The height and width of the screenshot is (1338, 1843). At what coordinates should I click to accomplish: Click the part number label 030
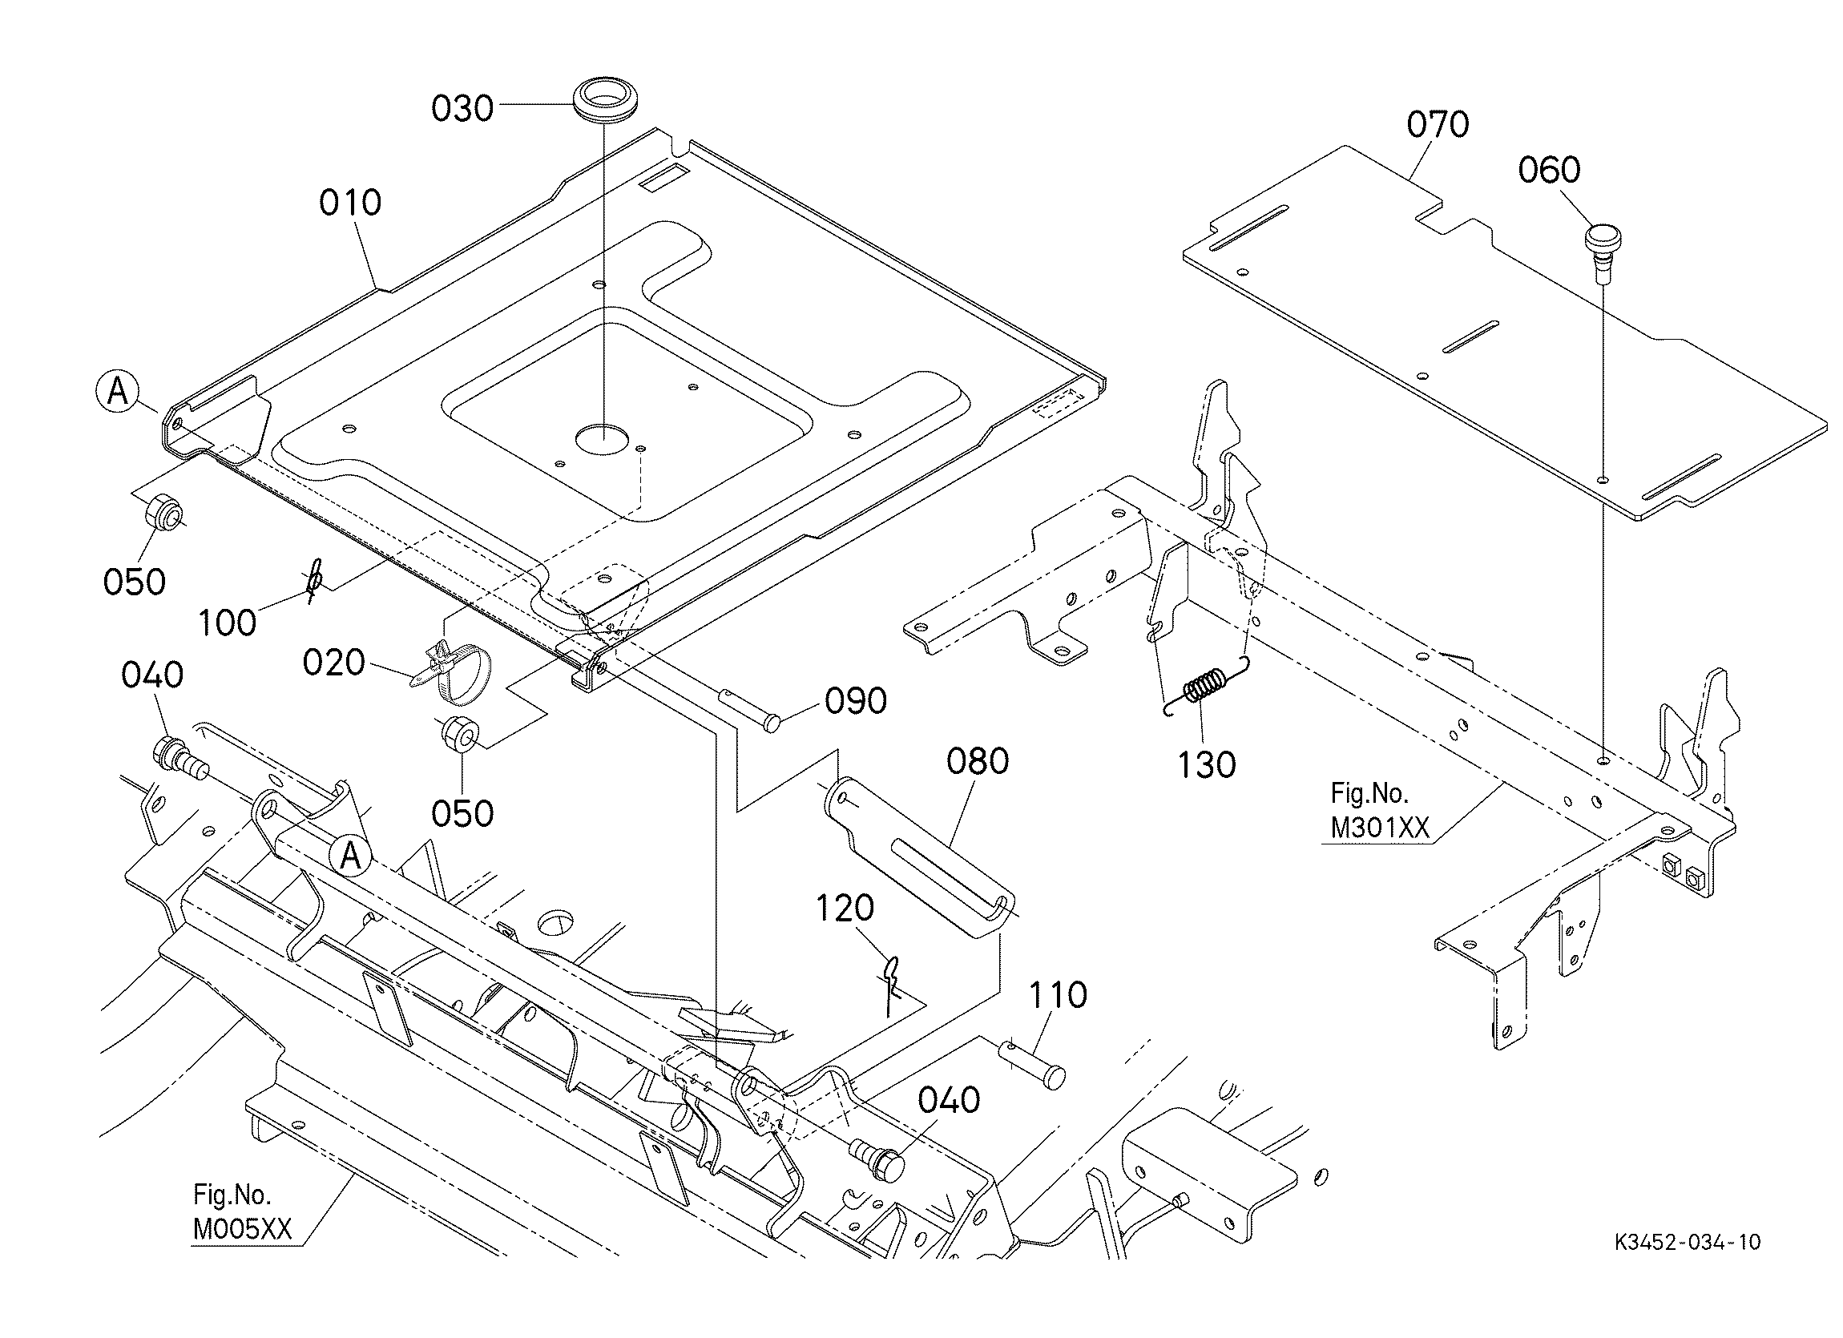(x=462, y=109)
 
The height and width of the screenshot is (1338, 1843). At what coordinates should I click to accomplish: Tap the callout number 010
(x=350, y=203)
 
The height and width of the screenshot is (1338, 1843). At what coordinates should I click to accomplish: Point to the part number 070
(x=1438, y=125)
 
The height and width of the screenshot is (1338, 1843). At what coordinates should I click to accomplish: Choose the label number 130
(x=1207, y=764)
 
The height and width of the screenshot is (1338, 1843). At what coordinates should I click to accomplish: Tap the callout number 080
(x=978, y=761)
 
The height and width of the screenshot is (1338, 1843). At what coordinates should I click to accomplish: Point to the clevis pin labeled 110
(x=1031, y=1064)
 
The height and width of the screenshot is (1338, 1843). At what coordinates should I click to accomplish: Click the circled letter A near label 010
(x=118, y=393)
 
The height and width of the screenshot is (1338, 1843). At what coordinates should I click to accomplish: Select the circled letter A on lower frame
(x=350, y=856)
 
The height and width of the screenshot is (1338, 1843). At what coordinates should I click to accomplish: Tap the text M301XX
(x=1379, y=828)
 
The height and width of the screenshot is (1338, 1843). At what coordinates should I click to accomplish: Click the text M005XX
(x=241, y=1229)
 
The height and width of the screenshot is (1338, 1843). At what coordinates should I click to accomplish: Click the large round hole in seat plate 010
(x=603, y=438)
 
